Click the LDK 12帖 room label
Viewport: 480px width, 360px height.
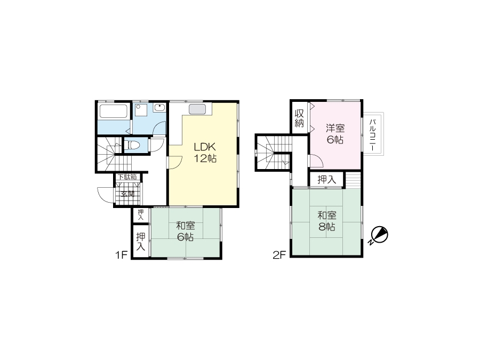(205, 153)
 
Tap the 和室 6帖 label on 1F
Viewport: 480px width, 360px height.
(186, 231)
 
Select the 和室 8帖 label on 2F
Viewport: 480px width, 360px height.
(326, 221)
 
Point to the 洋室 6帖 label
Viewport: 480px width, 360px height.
(335, 134)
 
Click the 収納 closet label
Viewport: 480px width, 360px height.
(299, 118)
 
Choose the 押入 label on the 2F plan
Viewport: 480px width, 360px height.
(326, 179)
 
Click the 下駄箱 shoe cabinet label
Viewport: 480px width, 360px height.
(127, 177)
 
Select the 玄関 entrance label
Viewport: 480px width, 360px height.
(127, 194)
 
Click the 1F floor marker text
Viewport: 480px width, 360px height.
(121, 255)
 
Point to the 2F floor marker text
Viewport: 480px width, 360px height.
(279, 255)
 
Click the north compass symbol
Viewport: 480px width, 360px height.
(379, 236)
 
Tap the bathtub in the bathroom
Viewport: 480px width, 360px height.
(114, 112)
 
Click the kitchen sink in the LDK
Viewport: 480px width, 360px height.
(197, 109)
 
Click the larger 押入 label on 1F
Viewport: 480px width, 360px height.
(140, 242)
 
